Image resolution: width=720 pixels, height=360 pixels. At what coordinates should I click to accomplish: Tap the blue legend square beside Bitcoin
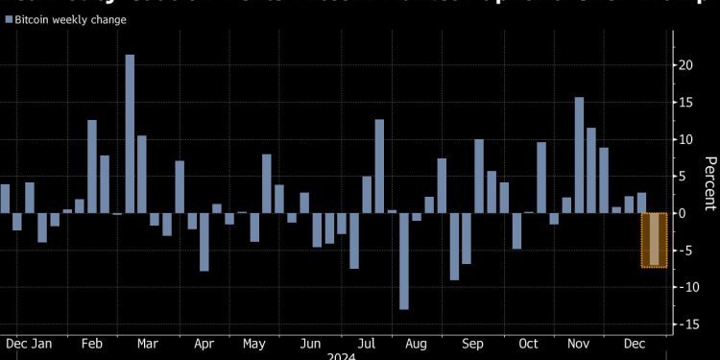(x=8, y=19)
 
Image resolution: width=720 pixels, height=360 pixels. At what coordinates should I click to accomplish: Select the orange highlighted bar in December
(x=654, y=239)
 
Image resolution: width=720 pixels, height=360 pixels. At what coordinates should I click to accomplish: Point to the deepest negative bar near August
(x=404, y=261)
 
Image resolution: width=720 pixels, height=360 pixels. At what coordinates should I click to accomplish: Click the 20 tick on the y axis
(x=683, y=65)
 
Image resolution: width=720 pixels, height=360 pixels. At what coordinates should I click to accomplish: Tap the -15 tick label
(x=684, y=324)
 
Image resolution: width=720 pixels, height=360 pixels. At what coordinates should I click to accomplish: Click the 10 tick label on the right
(x=683, y=139)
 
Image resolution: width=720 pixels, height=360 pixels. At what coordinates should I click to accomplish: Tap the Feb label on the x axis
(x=92, y=343)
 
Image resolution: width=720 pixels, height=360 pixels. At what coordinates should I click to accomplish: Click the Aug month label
(x=417, y=343)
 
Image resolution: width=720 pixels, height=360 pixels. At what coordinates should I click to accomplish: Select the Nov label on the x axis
(x=579, y=343)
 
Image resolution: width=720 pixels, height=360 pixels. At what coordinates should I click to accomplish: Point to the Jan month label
(x=42, y=343)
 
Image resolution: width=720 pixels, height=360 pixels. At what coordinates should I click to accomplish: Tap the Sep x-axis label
(x=473, y=343)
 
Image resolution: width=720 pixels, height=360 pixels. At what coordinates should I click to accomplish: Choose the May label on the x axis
(x=254, y=343)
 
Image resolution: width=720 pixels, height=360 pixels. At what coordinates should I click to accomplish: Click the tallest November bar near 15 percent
(x=579, y=155)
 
